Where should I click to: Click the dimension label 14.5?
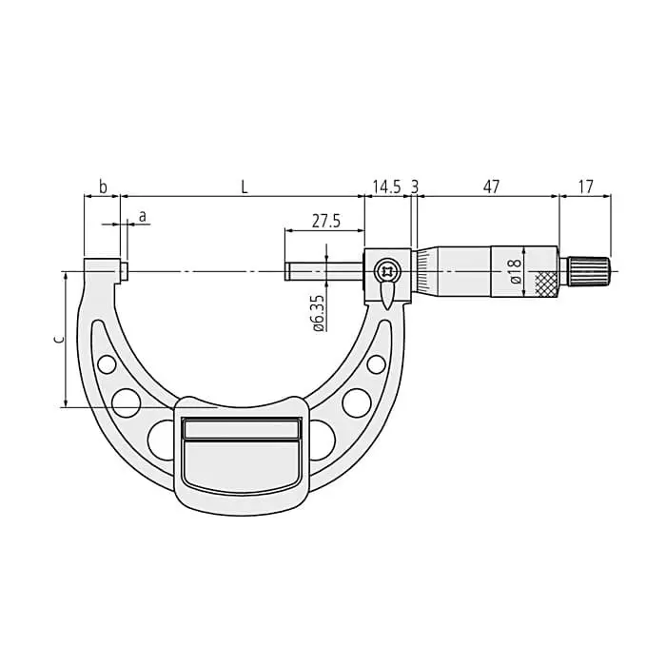pyautogui.click(x=385, y=186)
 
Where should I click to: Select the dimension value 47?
pyautogui.click(x=490, y=186)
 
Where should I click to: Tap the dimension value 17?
pyautogui.click(x=585, y=186)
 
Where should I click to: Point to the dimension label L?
pyautogui.click(x=244, y=186)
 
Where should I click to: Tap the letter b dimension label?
pyautogui.click(x=103, y=186)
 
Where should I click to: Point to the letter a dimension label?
pyautogui.click(x=143, y=216)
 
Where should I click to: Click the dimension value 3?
pyautogui.click(x=414, y=186)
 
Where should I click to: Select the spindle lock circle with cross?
pyautogui.click(x=386, y=271)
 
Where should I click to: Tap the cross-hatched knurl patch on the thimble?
pyautogui.click(x=546, y=283)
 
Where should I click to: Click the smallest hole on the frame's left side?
pyautogui.click(x=107, y=363)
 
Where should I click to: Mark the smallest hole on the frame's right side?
pyautogui.click(x=377, y=363)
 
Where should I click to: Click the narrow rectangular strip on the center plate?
pyautogui.click(x=242, y=429)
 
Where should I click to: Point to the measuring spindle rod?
pyautogui.click(x=323, y=272)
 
